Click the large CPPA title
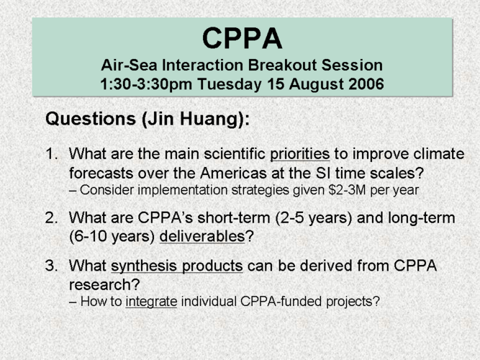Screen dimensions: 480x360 (x=242, y=38)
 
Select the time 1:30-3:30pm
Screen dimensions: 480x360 (x=146, y=84)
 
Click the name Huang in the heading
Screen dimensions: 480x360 (x=210, y=119)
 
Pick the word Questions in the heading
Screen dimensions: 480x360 (x=91, y=118)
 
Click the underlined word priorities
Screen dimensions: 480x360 (x=299, y=154)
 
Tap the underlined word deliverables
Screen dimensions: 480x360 (x=202, y=236)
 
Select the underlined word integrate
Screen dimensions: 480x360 (x=151, y=302)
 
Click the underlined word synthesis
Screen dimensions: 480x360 (x=144, y=266)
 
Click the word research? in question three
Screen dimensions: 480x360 (x=104, y=285)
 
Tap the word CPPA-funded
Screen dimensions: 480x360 (x=281, y=302)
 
